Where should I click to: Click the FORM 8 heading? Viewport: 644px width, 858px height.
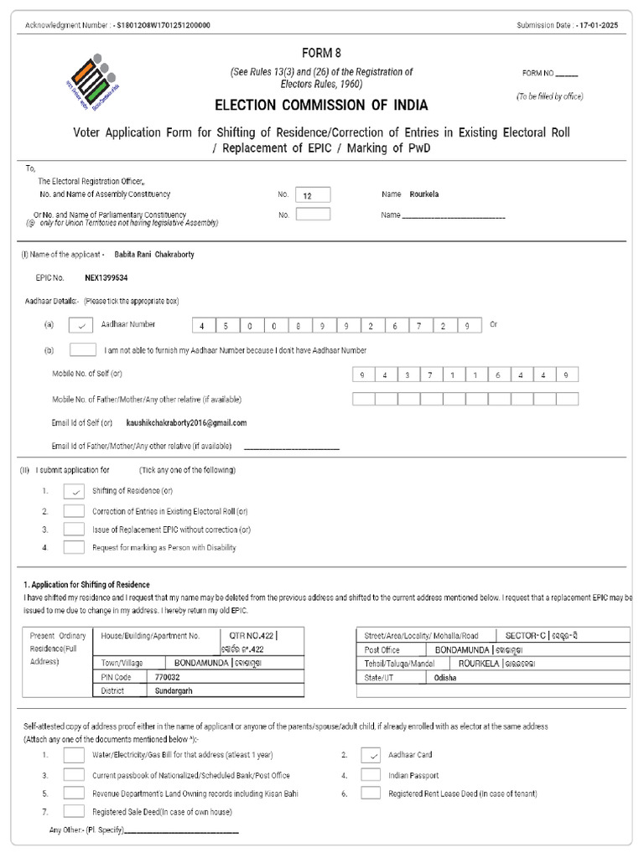pos(321,53)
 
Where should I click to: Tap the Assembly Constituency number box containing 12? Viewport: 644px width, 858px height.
pos(313,194)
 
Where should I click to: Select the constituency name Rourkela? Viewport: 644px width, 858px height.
pos(424,194)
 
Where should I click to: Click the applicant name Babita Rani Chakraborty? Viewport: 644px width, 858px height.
pos(154,255)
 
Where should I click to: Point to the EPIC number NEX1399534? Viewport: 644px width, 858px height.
pos(106,277)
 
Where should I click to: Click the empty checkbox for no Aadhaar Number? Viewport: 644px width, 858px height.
pos(82,349)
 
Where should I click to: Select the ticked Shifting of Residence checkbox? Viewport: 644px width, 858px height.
pos(74,492)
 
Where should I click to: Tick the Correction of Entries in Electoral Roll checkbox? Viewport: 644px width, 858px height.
pos(74,510)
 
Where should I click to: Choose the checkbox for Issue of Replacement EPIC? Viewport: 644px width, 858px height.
pos(74,529)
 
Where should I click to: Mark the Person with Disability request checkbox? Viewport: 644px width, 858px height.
pos(74,547)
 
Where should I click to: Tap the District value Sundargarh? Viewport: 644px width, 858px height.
pos(174,691)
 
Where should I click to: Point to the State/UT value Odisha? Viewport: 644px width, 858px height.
pos(445,678)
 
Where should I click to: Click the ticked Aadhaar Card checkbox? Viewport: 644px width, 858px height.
pos(371,755)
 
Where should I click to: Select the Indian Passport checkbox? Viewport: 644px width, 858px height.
pos(371,775)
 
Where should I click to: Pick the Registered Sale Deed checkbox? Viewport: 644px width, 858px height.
pos(74,811)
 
